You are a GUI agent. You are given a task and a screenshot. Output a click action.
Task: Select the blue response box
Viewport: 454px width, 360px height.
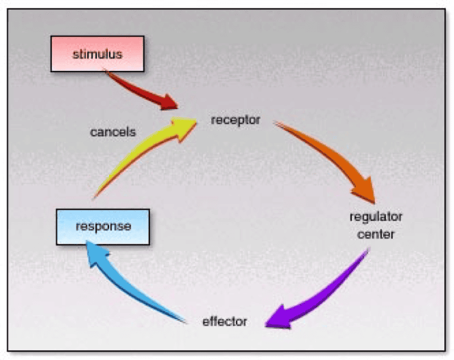pos(103,227)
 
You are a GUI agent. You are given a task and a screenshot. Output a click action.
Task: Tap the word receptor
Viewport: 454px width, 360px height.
pos(236,120)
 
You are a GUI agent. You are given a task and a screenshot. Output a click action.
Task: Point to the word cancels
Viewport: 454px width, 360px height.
pos(113,132)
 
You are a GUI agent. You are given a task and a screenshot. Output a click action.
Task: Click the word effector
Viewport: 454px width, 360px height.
pos(225,321)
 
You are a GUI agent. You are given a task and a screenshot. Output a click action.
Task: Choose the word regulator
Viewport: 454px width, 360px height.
pos(376,217)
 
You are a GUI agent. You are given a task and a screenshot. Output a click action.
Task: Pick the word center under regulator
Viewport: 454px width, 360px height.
pos(376,233)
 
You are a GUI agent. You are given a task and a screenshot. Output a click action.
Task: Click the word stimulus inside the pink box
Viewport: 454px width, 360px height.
pos(97,55)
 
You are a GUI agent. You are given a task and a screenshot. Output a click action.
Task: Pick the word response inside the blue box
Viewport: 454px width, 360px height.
pos(103,227)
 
